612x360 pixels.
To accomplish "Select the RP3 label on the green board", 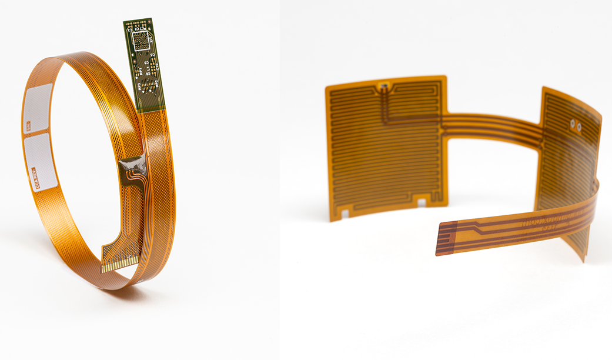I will (x=140, y=86).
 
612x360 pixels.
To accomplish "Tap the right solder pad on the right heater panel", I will (x=579, y=126).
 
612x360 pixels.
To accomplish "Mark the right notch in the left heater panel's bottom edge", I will (x=421, y=202).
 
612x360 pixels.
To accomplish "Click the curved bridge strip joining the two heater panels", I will (x=494, y=126).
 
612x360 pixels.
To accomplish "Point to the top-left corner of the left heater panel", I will (x=327, y=87).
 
